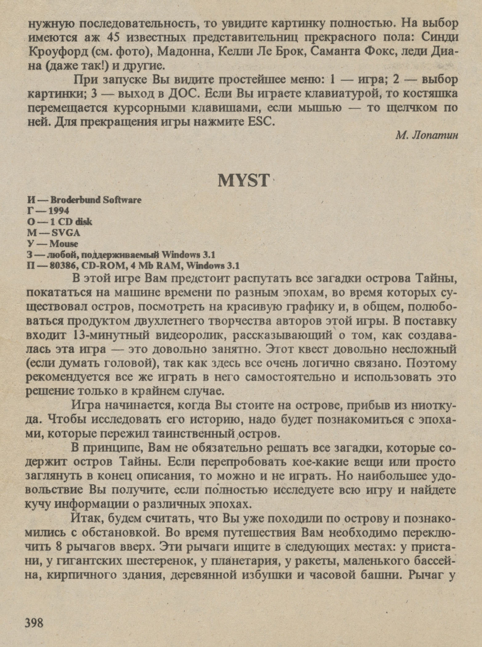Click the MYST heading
tap(243, 181)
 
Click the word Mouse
tap(64, 244)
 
